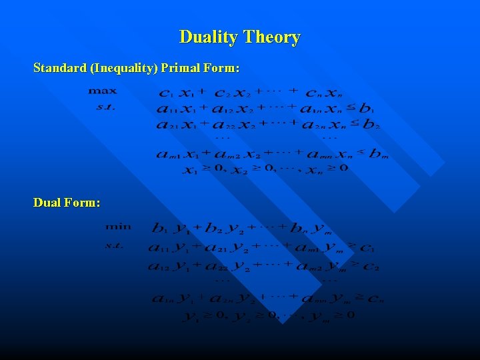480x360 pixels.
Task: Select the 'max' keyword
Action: pos(102,91)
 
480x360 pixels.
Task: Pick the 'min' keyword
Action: pos(118,227)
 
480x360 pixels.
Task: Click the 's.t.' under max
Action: pos(105,106)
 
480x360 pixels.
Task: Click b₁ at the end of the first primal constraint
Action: pos(367,109)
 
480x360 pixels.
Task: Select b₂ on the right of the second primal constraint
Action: pos(371,125)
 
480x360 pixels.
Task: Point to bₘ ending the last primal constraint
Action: pos(377,155)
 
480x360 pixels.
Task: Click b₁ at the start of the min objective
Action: pos(160,229)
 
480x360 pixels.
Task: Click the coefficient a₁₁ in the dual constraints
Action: pos(163,249)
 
